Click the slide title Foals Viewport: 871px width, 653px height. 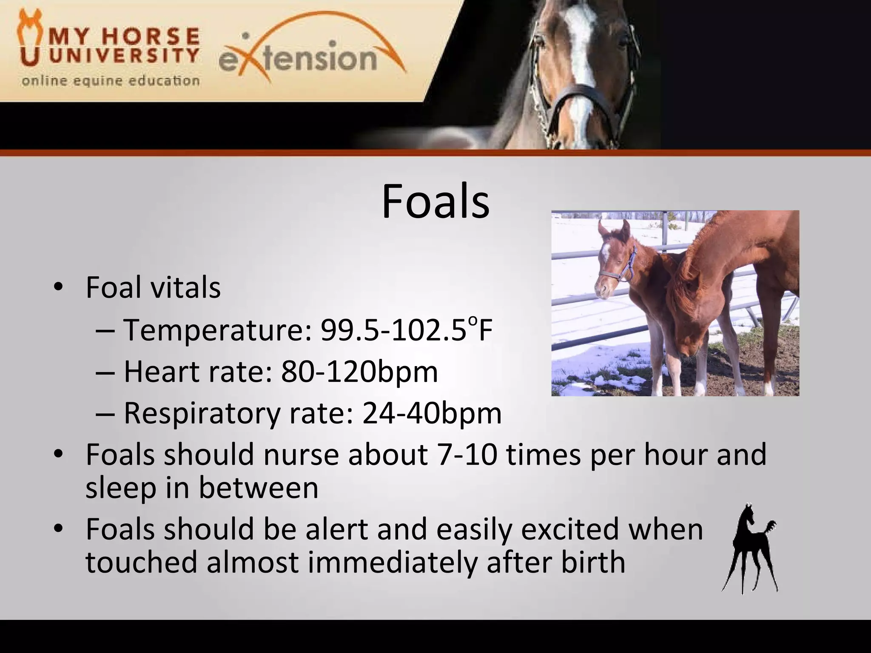pyautogui.click(x=435, y=202)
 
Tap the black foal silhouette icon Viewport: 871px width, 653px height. pyautogui.click(x=749, y=548)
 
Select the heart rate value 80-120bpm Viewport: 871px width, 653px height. pyautogui.click(x=359, y=372)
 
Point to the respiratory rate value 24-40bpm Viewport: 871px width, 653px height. pyautogui.click(x=432, y=413)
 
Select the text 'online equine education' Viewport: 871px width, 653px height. pyautogui.click(x=111, y=81)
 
